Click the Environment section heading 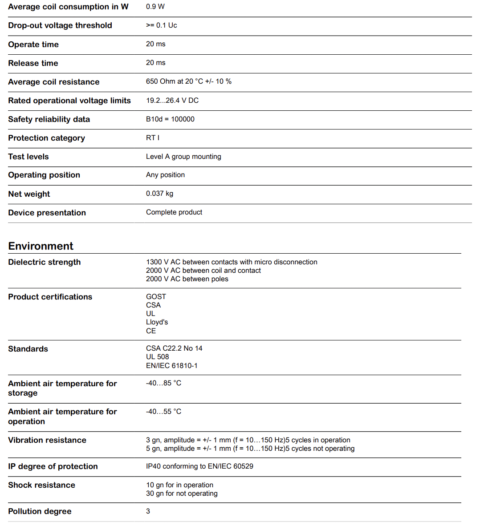[x=41, y=246]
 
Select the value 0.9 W [x=155, y=7]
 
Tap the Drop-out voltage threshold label [x=60, y=25]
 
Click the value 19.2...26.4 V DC [x=172, y=101]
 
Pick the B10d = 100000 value [x=170, y=119]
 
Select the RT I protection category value [x=153, y=138]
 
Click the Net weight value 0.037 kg [x=159, y=194]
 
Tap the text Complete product [x=174, y=212]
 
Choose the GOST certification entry [x=156, y=297]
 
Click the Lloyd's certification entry [x=157, y=322]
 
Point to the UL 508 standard [x=158, y=357]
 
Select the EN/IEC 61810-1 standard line [x=172, y=366]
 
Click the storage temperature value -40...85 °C [x=163, y=383]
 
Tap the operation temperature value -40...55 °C [x=163, y=412]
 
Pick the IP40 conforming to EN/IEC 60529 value [x=199, y=466]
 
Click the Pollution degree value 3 [x=148, y=511]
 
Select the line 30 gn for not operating [x=182, y=494]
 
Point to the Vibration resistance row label [x=47, y=440]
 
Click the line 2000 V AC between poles [x=187, y=279]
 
